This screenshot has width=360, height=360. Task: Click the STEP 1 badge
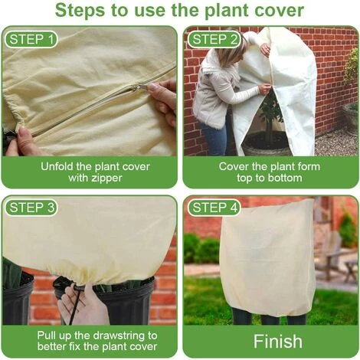tap(31, 38)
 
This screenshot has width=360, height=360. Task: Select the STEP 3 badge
tap(31, 208)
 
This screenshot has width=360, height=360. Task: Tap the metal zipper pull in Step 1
tap(141, 87)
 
